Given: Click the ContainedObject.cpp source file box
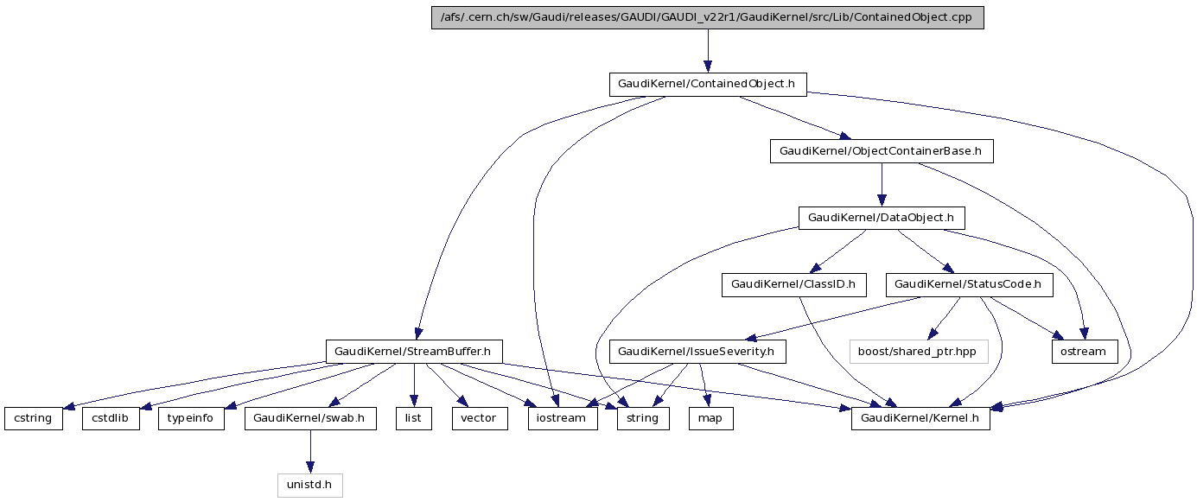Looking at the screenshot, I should click(707, 18).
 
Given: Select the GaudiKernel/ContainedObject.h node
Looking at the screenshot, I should click(707, 84).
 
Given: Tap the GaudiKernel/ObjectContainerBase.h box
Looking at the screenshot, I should click(881, 151).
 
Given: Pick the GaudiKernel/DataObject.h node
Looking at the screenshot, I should click(881, 218).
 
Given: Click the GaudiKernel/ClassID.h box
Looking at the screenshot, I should click(793, 284).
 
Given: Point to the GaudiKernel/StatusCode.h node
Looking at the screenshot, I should click(968, 284).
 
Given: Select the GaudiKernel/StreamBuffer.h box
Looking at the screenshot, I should click(412, 351).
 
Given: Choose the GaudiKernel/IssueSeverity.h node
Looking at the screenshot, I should click(702, 352).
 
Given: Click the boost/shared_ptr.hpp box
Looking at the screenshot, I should click(918, 352).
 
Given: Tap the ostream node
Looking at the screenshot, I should click(1084, 352).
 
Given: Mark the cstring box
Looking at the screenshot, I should click(33, 418).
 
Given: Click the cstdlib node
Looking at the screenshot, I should click(111, 418).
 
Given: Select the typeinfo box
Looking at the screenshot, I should click(191, 418).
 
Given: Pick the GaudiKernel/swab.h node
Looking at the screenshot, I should click(310, 418).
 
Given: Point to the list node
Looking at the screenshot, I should click(414, 418).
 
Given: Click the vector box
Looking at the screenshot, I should click(479, 418).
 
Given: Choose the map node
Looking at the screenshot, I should click(710, 418).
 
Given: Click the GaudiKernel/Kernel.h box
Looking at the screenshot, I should click(920, 418).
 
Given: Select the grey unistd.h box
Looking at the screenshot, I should click(310, 485).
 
